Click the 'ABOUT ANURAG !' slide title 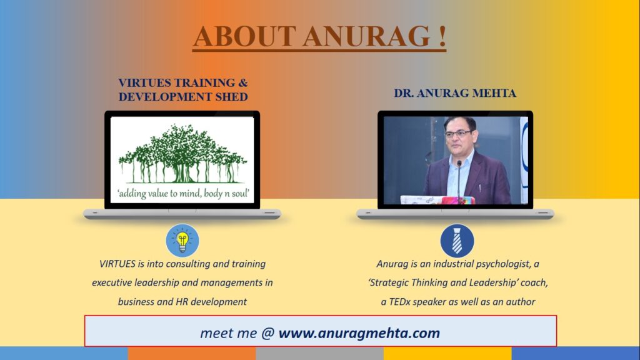coord(319,36)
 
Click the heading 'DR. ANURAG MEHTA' coord(455,94)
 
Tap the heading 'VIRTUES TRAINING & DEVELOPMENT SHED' coord(183,89)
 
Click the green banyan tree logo coord(182,154)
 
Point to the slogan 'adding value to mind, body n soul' coord(182,193)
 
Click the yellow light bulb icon coord(182,241)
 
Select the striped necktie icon coord(457,241)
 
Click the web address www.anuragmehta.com coord(359,333)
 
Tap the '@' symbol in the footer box coord(267,333)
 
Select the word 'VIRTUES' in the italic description coord(117,264)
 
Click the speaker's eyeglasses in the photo coord(459,134)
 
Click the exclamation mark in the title coord(442,36)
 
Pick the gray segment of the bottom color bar coord(319,353)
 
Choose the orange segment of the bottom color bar coord(192,353)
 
